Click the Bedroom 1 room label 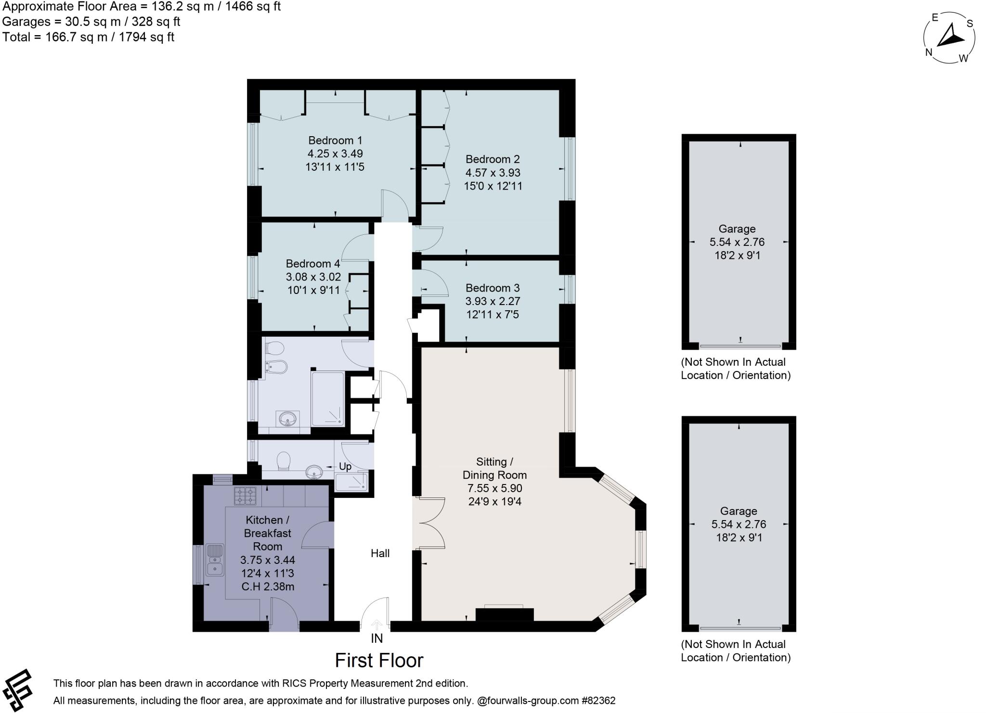335,140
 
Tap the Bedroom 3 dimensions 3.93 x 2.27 493,301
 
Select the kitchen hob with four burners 245,496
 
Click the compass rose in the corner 949,38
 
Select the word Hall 380,553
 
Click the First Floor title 379,661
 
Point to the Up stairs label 345,467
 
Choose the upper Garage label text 737,229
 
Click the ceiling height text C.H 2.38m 268,586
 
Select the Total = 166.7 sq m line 88,37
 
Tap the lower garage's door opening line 740,628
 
